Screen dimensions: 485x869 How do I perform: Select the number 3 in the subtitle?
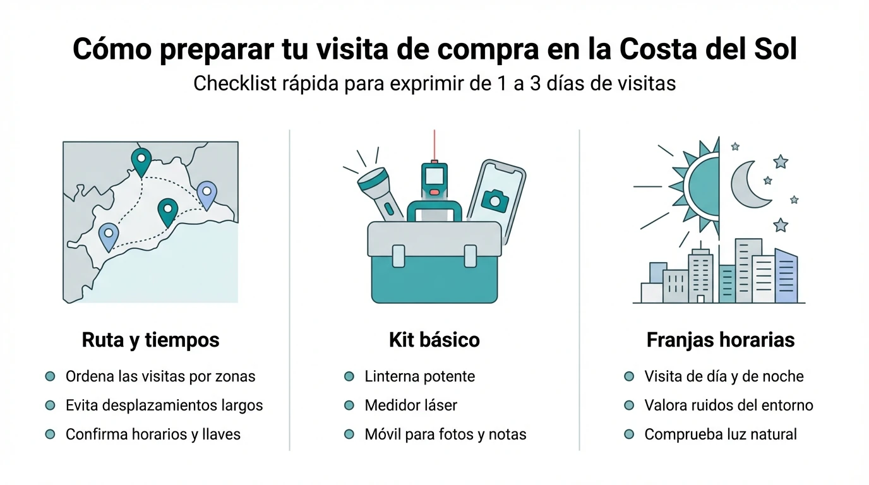point(535,83)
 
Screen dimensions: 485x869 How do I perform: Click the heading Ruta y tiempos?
point(150,340)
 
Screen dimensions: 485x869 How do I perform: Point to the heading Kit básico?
point(434,340)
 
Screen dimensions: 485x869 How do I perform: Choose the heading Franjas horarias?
point(720,340)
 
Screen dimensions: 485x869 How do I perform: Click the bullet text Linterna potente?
point(419,376)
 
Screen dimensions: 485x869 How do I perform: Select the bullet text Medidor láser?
point(411,405)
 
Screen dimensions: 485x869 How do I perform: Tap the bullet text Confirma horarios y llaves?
point(153,434)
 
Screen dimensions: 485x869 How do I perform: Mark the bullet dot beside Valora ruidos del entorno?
point(628,405)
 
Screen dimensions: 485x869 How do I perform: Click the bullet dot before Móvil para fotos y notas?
point(349,434)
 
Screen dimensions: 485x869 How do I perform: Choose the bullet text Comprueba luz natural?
point(720,434)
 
